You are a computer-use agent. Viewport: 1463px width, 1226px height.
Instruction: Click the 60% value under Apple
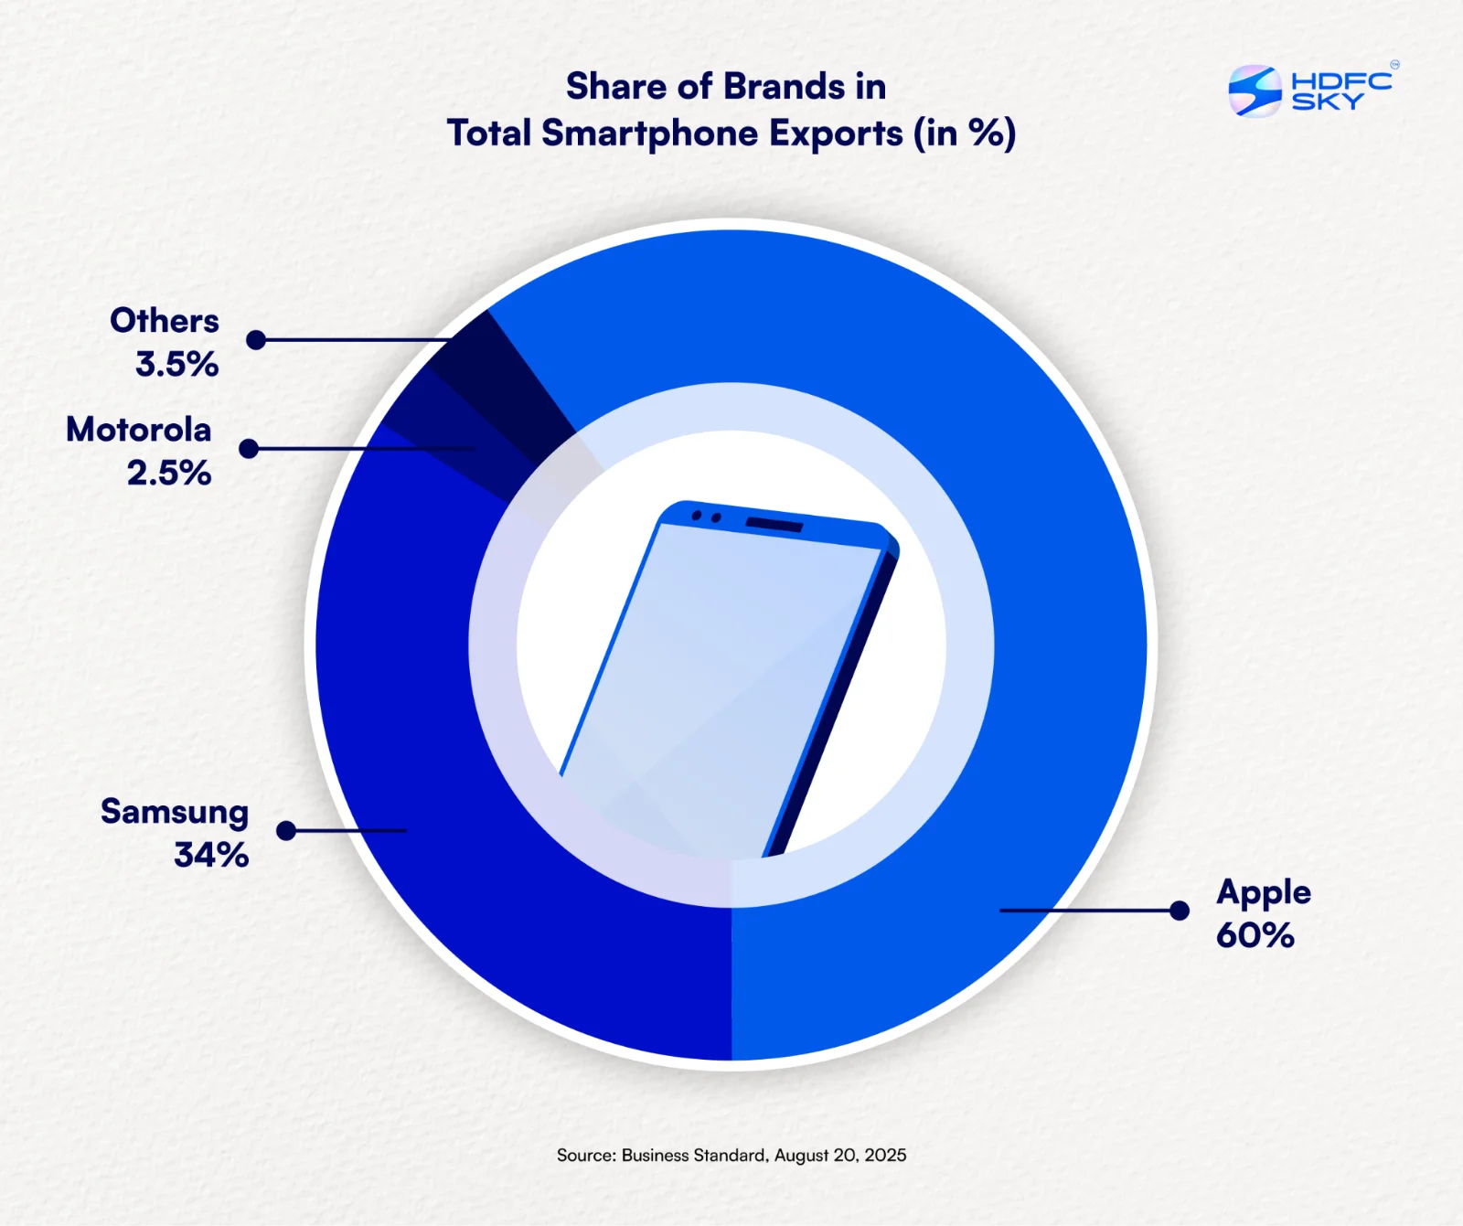[1255, 935]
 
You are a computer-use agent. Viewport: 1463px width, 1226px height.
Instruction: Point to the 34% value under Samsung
[211, 855]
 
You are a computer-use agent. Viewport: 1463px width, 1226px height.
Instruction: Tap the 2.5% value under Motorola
[169, 473]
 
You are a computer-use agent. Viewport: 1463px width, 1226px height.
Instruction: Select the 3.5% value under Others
[177, 364]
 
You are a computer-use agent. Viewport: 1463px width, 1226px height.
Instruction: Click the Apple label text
[1264, 893]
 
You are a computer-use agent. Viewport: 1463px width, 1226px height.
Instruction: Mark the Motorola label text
[139, 430]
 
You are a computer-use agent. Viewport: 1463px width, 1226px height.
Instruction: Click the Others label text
[165, 321]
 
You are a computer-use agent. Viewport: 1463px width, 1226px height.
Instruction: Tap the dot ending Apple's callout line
[1180, 911]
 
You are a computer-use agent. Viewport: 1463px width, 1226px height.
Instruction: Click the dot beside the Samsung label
[286, 831]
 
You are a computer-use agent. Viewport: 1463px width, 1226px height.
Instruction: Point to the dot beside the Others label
[256, 340]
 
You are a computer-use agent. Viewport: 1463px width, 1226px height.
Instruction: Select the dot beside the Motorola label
[249, 449]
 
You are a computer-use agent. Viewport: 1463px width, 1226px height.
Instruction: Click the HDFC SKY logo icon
[1255, 91]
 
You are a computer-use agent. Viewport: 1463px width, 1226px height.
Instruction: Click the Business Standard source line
[731, 1156]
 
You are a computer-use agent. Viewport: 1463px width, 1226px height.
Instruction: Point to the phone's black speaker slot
[774, 524]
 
